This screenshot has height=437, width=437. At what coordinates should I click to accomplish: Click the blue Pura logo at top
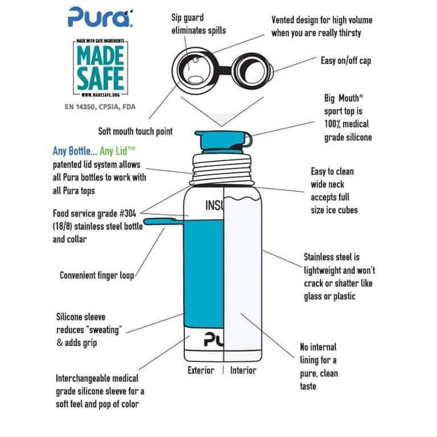click(x=100, y=17)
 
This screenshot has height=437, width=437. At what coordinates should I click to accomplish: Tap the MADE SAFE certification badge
click(x=100, y=68)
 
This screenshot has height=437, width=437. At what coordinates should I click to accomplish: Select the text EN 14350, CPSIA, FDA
click(x=100, y=107)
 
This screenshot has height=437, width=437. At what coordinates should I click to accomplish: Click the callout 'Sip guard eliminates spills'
click(x=198, y=24)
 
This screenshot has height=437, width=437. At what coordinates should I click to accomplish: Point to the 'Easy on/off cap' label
click(x=346, y=61)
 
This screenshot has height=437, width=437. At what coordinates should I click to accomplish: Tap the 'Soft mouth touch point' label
click(x=135, y=131)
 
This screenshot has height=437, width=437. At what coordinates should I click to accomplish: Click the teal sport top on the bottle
click(x=223, y=142)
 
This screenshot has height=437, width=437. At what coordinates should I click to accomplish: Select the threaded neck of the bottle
click(x=222, y=169)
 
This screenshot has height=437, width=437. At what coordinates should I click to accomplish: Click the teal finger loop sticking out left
click(x=164, y=222)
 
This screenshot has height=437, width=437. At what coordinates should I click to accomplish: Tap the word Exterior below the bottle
click(x=201, y=370)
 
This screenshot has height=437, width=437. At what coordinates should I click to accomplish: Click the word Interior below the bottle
click(x=243, y=370)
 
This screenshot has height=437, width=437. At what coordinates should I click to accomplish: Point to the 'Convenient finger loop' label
click(x=97, y=276)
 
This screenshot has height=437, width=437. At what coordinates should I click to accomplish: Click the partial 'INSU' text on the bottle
click(x=214, y=205)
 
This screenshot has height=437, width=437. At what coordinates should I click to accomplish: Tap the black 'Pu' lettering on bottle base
click(x=214, y=339)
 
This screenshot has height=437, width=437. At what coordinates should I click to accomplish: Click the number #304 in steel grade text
click(x=127, y=214)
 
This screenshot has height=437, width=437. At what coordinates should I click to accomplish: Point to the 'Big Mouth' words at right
click(x=344, y=98)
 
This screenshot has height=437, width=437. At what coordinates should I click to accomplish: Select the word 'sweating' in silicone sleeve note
click(x=104, y=330)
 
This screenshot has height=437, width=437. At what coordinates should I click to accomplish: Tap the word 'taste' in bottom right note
click(x=308, y=386)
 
